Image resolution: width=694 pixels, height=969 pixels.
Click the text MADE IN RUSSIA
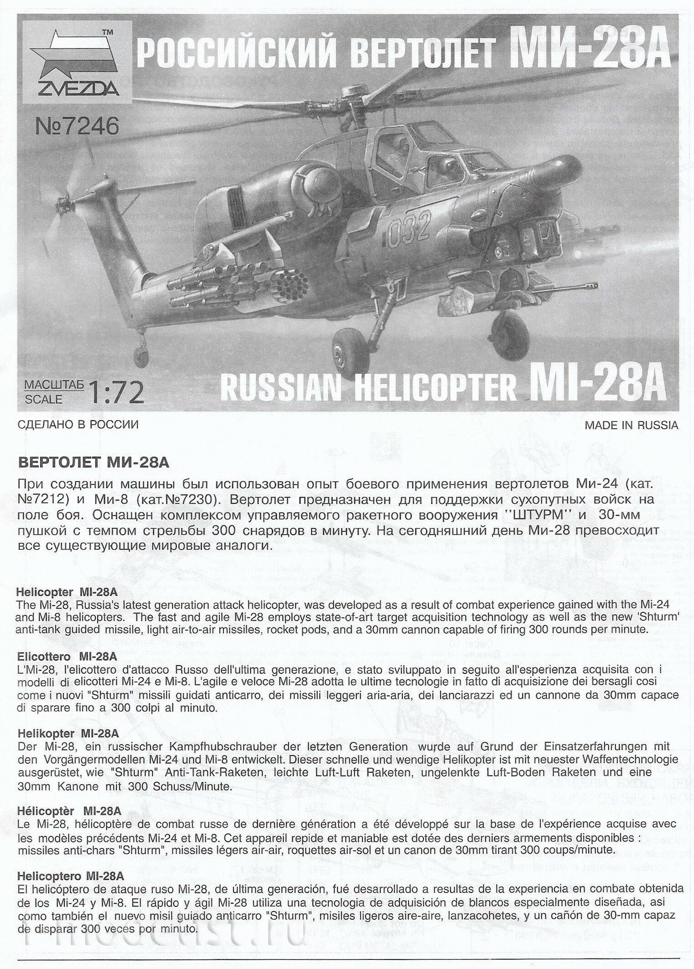pyautogui.click(x=631, y=425)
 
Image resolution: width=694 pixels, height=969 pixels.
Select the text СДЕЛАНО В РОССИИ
pyautogui.click(x=78, y=425)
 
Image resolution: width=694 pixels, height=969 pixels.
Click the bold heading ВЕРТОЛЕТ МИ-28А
pyautogui.click(x=93, y=463)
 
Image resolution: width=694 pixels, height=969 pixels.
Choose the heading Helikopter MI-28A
pyautogui.click(x=68, y=733)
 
